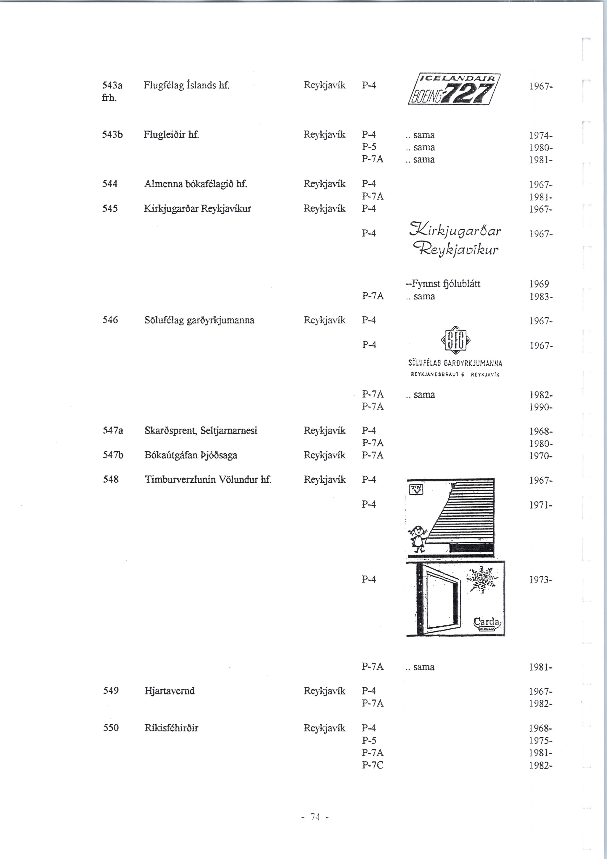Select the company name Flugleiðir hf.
(171, 134)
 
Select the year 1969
(539, 284)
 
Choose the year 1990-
(541, 407)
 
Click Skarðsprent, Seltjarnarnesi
(201, 431)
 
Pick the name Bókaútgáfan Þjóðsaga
(191, 455)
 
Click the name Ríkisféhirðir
(171, 728)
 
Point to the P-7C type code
(373, 765)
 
